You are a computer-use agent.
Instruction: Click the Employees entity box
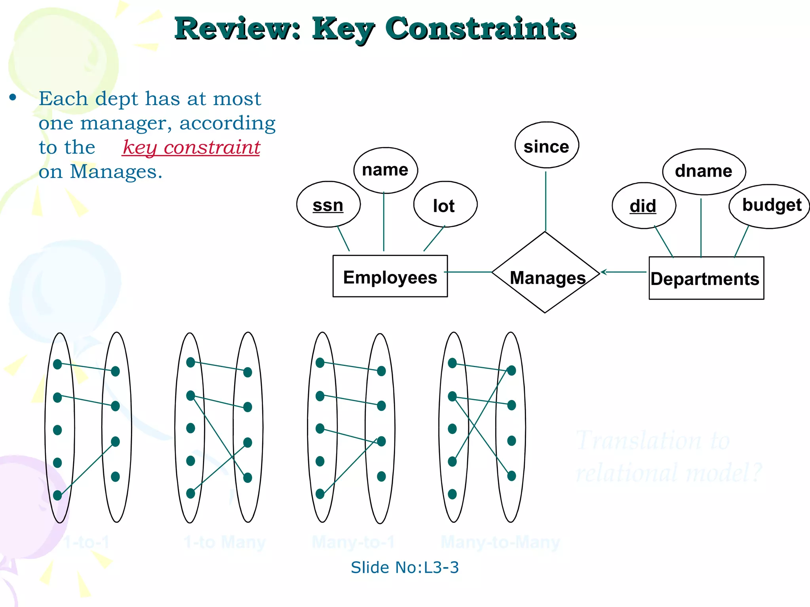(390, 276)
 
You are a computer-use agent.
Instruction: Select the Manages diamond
(545, 273)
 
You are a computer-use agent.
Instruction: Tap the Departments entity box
(706, 278)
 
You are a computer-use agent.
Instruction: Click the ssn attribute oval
(328, 205)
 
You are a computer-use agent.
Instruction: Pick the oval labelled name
(385, 170)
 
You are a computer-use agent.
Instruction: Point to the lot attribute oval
(445, 205)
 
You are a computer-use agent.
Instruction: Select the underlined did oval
(643, 206)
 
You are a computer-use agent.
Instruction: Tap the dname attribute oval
(704, 172)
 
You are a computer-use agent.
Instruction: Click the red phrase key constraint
(191, 147)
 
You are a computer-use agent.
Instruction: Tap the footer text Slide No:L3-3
(405, 567)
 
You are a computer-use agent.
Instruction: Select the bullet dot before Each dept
(13, 97)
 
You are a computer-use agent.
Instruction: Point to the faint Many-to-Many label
(500, 542)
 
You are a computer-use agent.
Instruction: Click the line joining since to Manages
(545, 202)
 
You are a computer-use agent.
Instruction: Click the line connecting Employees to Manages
(469, 272)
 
